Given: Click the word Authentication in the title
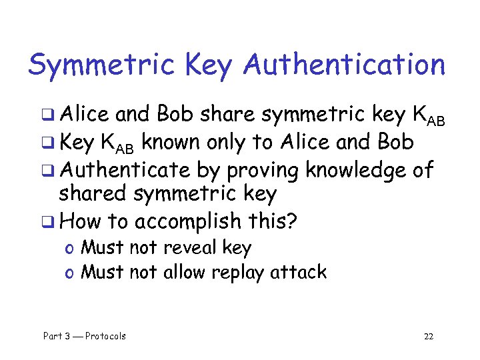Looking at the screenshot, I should click(344, 65).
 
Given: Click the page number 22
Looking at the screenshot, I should click(429, 336).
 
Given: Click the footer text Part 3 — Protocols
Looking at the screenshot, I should click(85, 336).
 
